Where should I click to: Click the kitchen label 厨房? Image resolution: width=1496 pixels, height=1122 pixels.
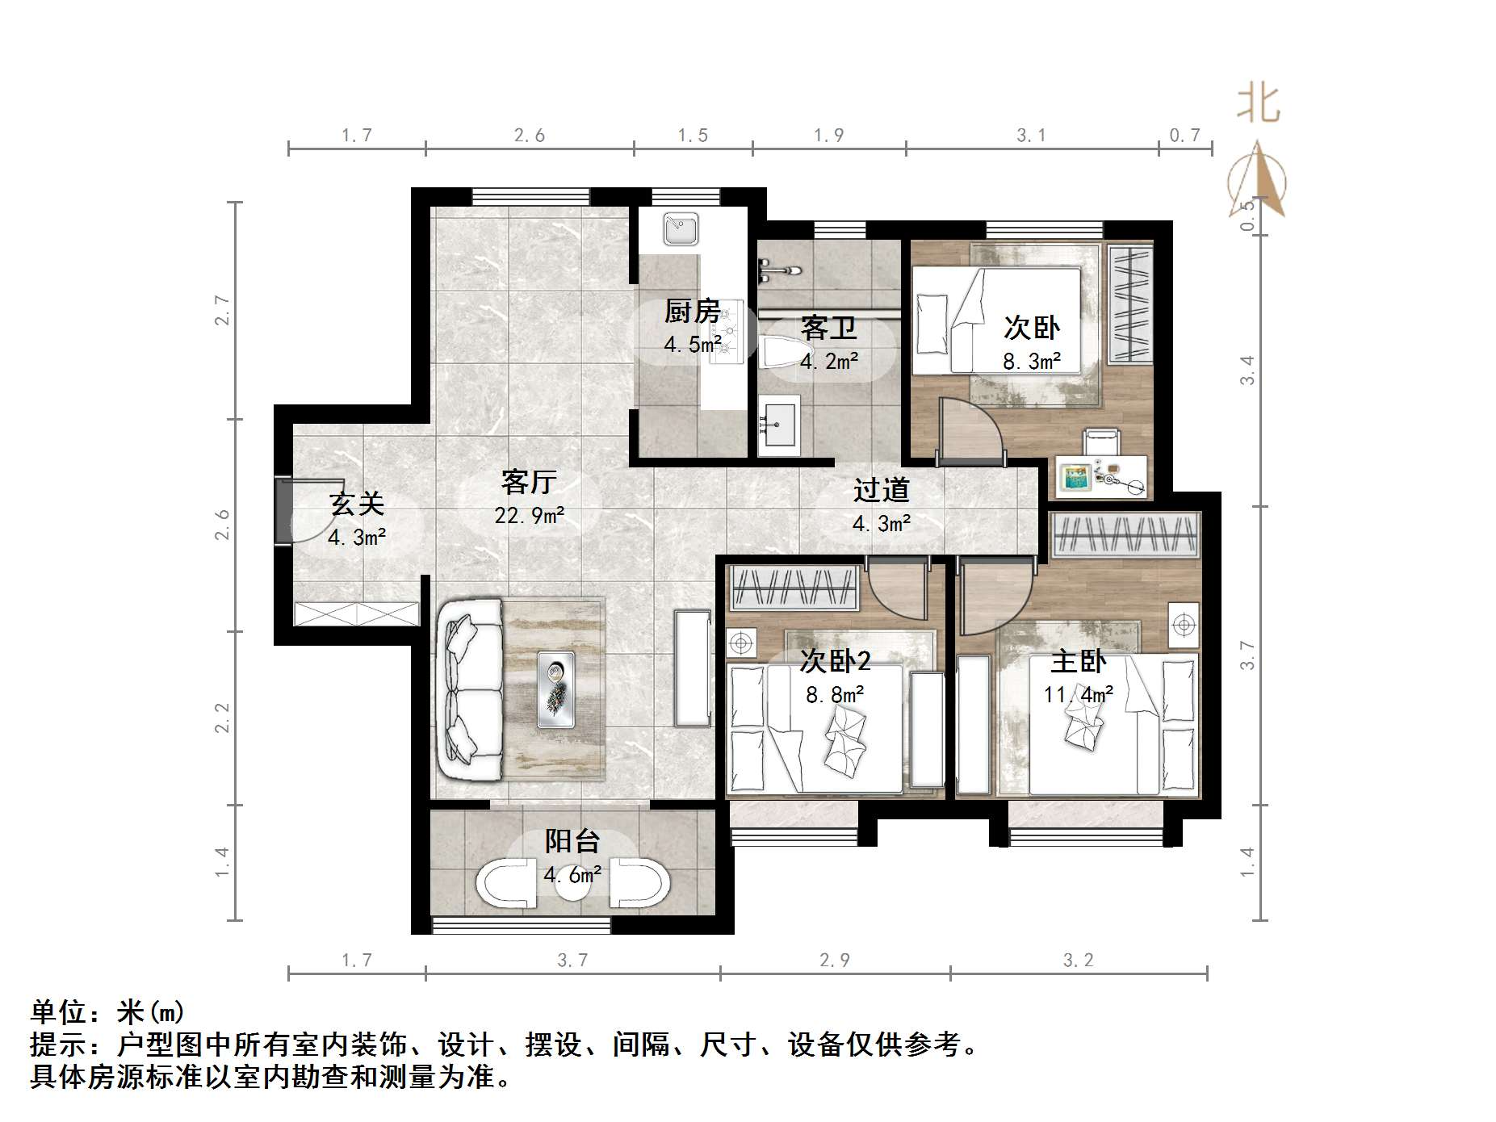(x=692, y=311)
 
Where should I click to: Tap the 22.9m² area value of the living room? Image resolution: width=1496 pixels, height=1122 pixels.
(x=530, y=514)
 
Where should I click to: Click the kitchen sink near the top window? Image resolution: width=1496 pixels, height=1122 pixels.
(x=681, y=229)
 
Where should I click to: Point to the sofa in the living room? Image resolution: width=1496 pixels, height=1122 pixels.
(x=469, y=689)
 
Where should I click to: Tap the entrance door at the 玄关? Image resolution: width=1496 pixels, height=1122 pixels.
(x=284, y=511)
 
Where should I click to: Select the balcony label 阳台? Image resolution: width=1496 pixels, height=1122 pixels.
(x=572, y=841)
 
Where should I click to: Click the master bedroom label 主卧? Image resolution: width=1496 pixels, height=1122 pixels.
(x=1078, y=662)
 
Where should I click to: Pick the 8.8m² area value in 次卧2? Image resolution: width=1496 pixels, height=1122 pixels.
(x=835, y=694)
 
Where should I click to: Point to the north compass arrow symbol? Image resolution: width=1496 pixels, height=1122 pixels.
(x=1256, y=180)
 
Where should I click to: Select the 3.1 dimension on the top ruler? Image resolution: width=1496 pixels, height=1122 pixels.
(x=1031, y=136)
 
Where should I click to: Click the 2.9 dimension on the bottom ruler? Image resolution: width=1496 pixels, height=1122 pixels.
(x=834, y=960)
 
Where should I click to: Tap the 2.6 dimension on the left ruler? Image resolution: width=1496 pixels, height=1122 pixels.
(x=222, y=525)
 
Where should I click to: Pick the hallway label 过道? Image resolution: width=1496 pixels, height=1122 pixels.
(x=881, y=490)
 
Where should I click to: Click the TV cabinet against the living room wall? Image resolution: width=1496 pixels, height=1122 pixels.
(x=693, y=668)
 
